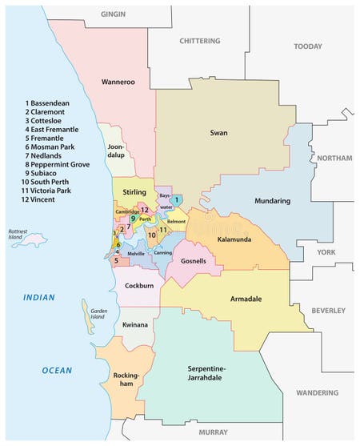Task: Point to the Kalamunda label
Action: click(236, 238)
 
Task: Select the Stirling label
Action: click(134, 192)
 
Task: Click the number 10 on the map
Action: click(152, 235)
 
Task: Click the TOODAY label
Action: click(307, 46)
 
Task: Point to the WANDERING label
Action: click(318, 392)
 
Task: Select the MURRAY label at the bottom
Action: click(214, 432)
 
